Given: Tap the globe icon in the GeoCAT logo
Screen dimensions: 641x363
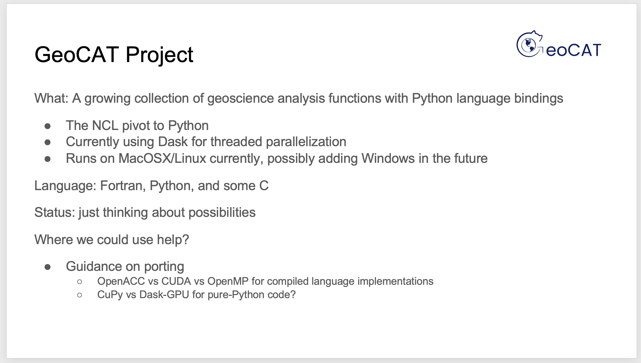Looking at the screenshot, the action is [x=529, y=45].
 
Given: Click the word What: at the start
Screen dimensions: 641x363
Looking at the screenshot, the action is [x=51, y=98].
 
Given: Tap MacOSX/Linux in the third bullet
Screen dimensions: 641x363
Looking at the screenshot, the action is [x=162, y=158].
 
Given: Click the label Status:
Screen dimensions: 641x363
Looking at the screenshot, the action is [x=55, y=212].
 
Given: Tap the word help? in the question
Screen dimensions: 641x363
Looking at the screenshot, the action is [x=173, y=240].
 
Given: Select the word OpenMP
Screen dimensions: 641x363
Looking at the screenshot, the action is [x=228, y=281].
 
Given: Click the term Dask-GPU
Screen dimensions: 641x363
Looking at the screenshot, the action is [x=164, y=295].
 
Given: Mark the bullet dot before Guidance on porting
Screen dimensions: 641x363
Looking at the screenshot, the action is [x=48, y=267].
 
